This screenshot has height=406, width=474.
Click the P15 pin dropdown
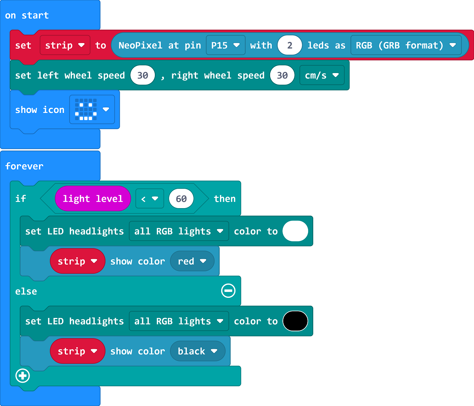coord(226,45)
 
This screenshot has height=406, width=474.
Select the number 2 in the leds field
coord(290,45)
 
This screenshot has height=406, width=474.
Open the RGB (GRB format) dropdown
coord(406,45)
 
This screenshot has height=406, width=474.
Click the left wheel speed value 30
coord(143,75)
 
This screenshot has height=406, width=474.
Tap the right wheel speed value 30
coord(282,75)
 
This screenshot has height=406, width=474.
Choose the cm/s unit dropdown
coord(322,75)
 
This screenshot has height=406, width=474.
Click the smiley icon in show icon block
coord(86,109)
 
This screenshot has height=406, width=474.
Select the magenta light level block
coord(93,199)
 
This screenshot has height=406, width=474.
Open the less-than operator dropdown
coord(150,199)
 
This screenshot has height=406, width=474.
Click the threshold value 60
coord(181,199)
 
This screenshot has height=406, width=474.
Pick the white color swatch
coord(295,231)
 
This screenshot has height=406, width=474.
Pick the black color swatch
coord(295,321)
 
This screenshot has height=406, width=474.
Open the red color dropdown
coord(192,261)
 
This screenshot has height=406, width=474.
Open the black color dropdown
coord(197,351)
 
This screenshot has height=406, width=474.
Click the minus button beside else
coord(228,291)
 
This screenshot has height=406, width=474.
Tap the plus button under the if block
coord(23,376)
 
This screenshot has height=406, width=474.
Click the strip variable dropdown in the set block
coord(65,45)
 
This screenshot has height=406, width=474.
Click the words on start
coord(27,15)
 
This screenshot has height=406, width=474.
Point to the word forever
coord(24,166)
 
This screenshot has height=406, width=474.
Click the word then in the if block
coord(225,199)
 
